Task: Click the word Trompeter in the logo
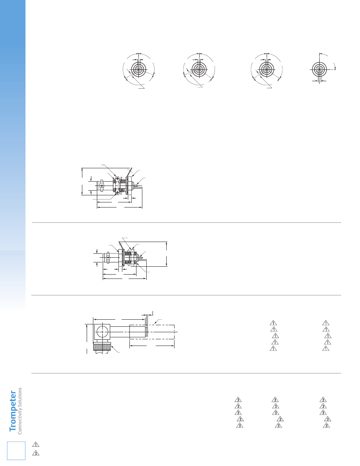(13, 411)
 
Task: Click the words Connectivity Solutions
(20, 411)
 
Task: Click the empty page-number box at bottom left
(16, 451)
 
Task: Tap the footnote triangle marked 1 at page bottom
(36, 445)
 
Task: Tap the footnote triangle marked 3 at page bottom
(36, 453)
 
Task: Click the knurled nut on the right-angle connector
(102, 347)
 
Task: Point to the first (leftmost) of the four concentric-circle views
(138, 70)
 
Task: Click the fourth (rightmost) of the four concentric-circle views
(319, 69)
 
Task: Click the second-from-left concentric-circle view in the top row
(199, 70)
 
